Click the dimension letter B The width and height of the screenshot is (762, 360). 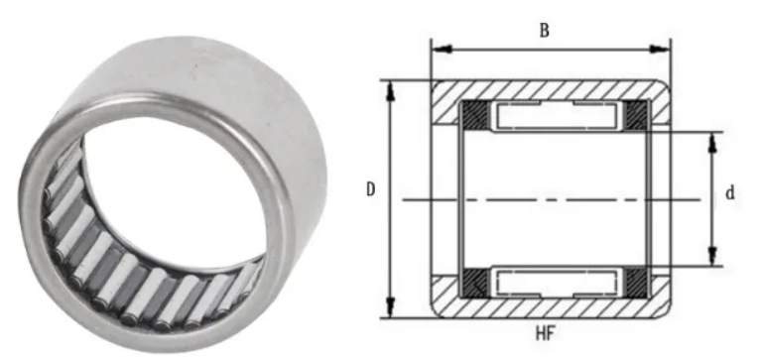pyautogui.click(x=544, y=30)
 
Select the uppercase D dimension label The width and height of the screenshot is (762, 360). pyautogui.click(x=369, y=189)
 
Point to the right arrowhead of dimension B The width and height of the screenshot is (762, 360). pyautogui.click(x=667, y=47)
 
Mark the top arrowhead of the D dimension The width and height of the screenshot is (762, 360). pyautogui.click(x=391, y=87)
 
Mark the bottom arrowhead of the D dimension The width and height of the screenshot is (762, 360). pyautogui.click(x=391, y=311)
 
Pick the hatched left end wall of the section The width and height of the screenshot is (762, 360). pyautogui.click(x=442, y=198)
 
